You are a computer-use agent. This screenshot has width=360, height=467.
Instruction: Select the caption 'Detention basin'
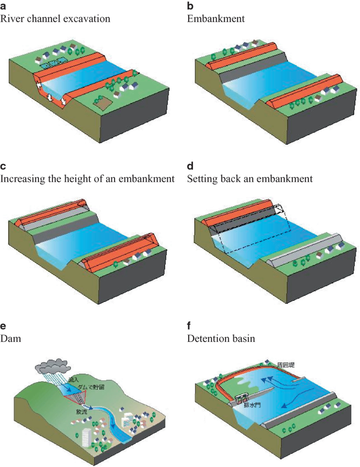coord(221,338)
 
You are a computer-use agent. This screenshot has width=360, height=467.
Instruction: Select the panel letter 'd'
coord(190,167)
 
